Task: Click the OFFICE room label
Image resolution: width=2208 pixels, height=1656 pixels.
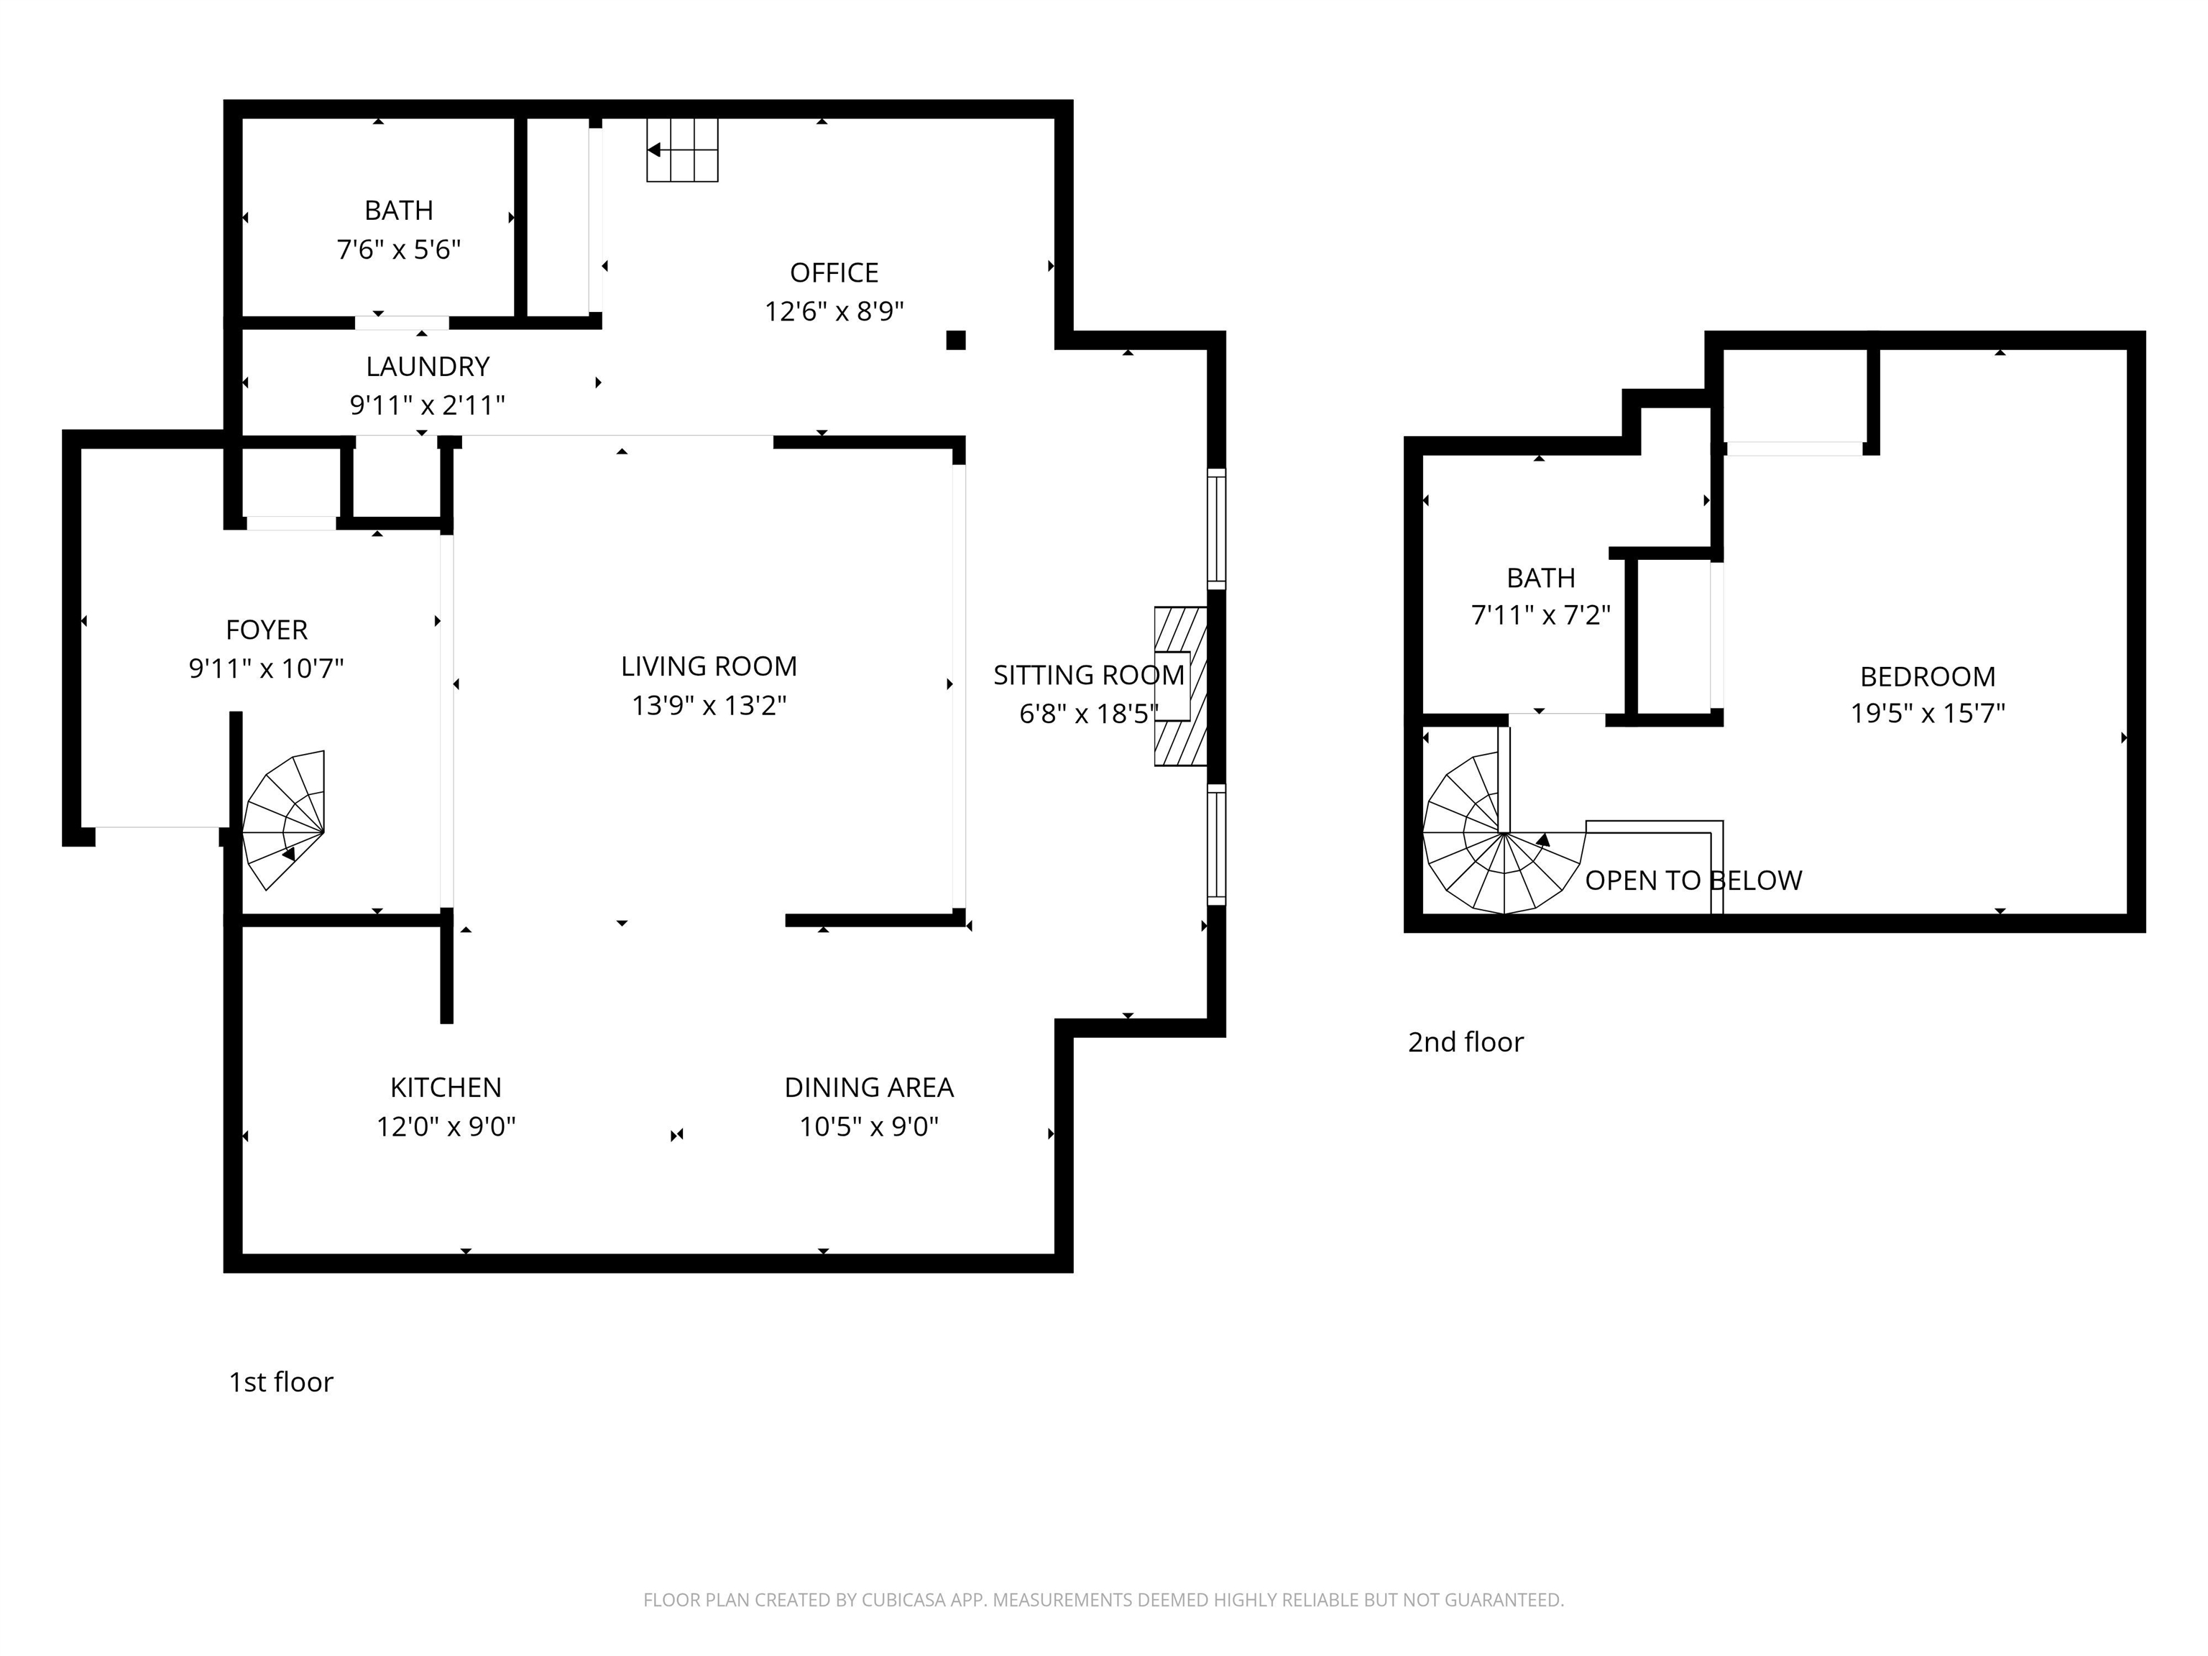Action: (834, 272)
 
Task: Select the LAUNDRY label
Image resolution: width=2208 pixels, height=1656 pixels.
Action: (427, 367)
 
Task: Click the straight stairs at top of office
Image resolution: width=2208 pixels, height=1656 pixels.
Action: (682, 149)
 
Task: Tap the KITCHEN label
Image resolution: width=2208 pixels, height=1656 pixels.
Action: (445, 1087)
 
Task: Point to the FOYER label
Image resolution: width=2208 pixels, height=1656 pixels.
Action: (267, 630)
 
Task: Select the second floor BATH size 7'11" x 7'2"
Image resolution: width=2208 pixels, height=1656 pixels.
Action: (1540, 615)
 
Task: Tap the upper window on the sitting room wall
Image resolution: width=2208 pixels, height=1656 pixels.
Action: (1216, 528)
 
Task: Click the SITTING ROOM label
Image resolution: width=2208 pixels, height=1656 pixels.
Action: (1088, 676)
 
